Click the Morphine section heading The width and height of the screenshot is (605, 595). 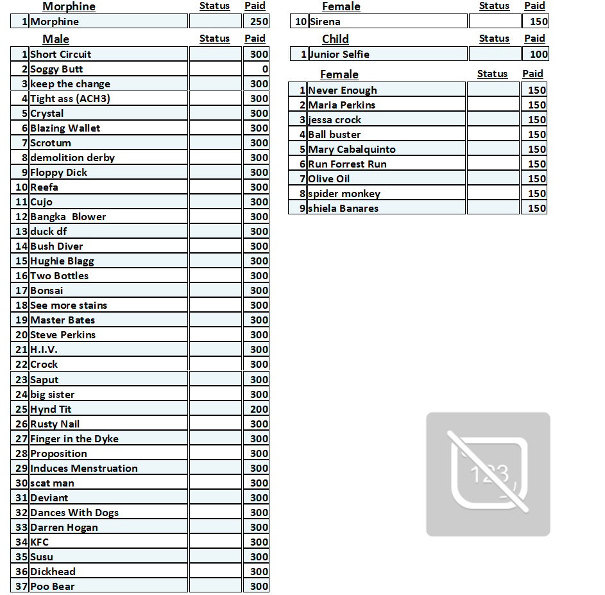69,6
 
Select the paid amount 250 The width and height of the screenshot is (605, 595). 259,21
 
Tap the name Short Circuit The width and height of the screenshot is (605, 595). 61,54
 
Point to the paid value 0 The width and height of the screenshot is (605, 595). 264,69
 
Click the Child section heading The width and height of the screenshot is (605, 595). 335,39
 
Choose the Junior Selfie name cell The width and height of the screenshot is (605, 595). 339,54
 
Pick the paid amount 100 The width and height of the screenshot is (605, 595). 539,54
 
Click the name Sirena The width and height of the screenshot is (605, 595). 325,21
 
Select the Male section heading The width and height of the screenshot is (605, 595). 56,39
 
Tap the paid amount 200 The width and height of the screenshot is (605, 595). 259,409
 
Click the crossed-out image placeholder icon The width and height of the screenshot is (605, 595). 488,474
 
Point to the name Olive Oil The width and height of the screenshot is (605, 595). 329,178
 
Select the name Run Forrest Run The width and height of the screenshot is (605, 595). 347,164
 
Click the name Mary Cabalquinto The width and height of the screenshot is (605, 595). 352,149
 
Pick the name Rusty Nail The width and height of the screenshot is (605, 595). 55,424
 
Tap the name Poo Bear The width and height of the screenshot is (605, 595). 53,586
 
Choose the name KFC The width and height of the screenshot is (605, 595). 40,542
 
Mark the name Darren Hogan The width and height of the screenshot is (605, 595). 64,527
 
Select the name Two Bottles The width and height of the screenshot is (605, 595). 60,275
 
